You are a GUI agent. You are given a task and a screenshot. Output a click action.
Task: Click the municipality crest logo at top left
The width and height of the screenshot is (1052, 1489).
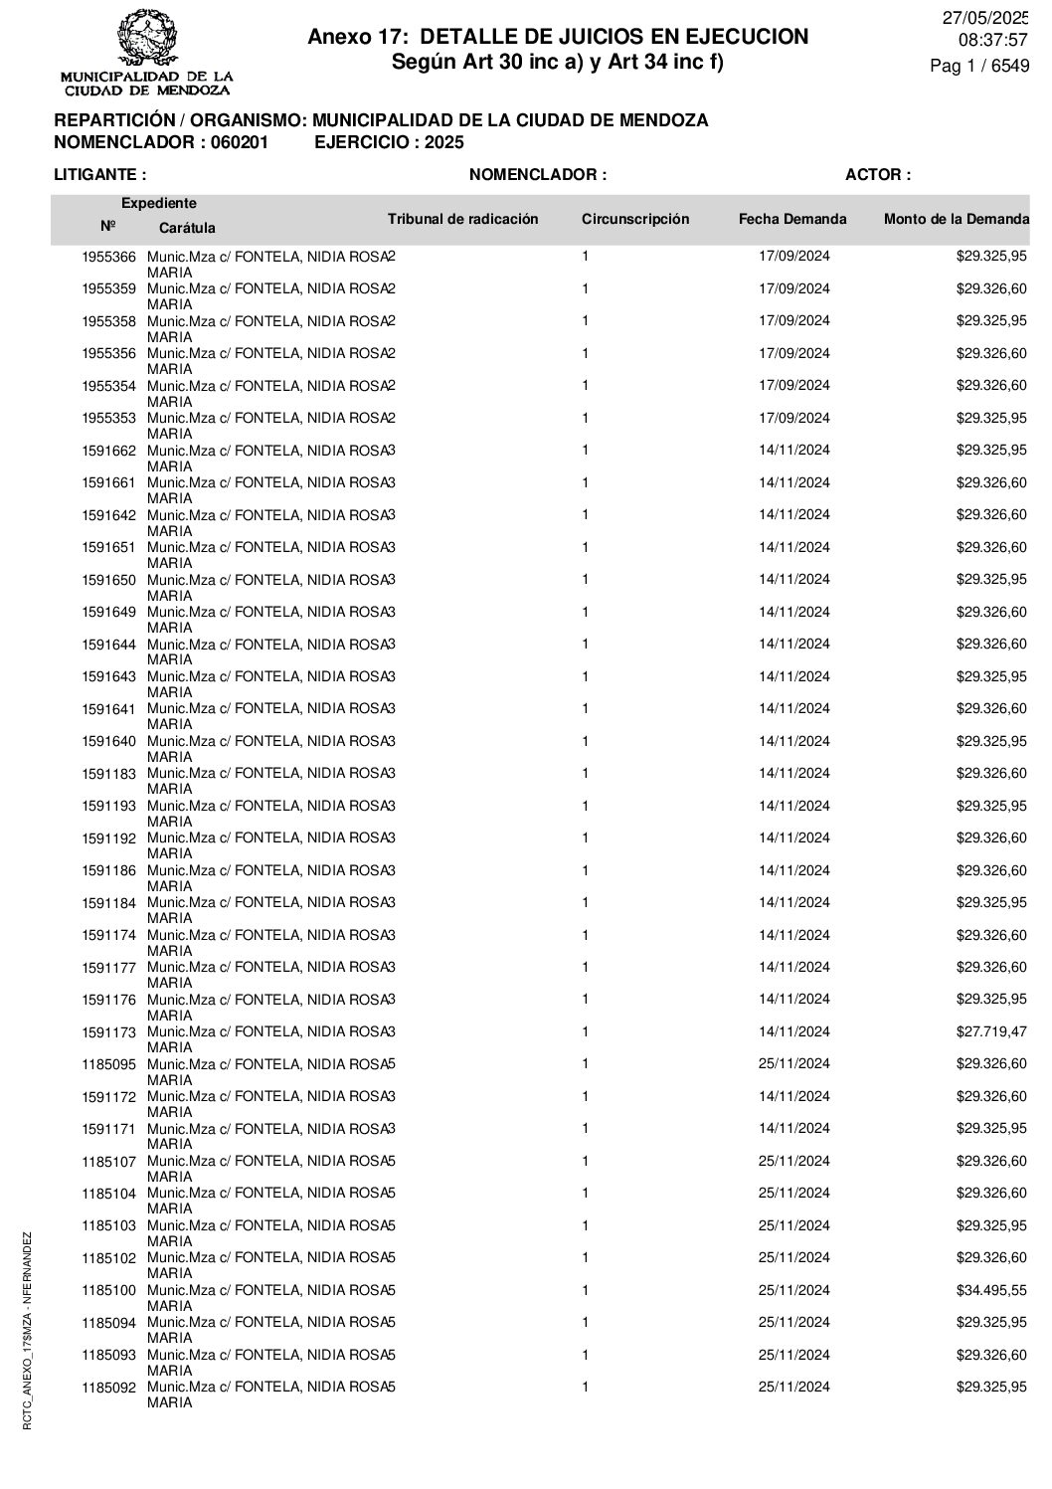pos(147,41)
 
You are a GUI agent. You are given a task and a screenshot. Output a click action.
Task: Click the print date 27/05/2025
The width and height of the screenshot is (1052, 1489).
pos(985,18)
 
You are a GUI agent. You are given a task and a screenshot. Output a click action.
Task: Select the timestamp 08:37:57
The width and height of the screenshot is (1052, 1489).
pos(991,41)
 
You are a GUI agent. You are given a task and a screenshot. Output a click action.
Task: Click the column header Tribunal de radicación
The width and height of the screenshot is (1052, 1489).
pos(462,219)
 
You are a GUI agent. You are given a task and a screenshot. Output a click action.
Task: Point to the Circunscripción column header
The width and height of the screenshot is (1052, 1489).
pos(634,219)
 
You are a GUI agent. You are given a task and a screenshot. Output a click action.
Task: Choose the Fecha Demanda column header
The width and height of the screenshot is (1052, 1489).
pos(792,219)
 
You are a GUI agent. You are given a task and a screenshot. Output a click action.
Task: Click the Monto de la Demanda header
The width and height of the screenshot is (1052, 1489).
pos(956,219)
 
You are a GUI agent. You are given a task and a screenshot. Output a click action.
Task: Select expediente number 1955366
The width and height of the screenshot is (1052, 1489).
pos(108,257)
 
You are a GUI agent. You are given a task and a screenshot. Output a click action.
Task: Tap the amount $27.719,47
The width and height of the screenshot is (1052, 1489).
pos(991,1031)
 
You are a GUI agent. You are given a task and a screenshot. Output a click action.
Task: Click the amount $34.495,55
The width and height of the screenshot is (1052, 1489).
pos(991,1290)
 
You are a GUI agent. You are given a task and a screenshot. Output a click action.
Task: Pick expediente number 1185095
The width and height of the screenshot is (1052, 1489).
pos(108,1064)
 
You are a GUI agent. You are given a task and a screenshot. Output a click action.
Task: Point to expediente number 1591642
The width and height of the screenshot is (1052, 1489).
pos(108,515)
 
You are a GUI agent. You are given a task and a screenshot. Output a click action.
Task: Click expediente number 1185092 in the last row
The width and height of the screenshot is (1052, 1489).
pos(108,1387)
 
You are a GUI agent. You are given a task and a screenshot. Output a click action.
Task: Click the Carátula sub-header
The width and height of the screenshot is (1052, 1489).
pos(187,228)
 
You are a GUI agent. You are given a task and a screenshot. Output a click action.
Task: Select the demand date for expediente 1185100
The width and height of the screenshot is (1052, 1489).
pos(793,1290)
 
